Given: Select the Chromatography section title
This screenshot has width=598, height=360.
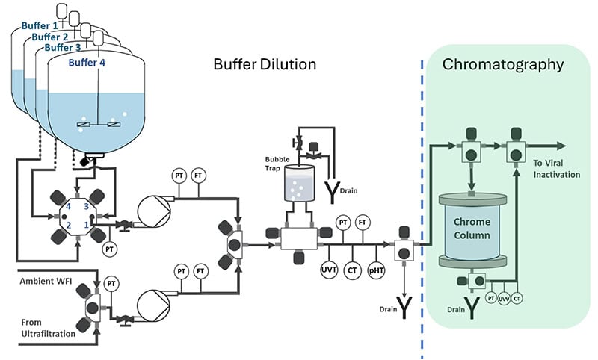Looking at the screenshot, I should (502, 64).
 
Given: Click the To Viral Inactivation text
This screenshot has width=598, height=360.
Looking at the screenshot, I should (556, 169).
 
